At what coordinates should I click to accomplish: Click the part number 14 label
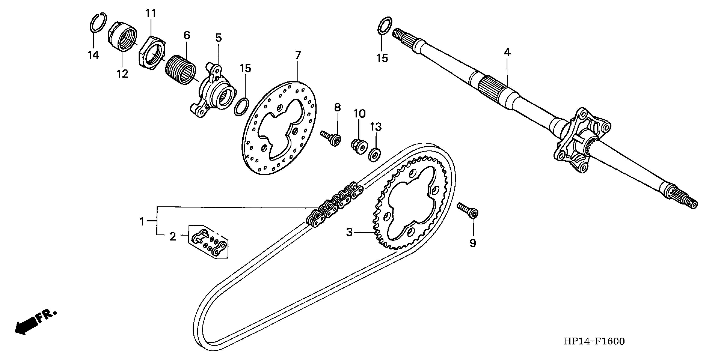coord(93,55)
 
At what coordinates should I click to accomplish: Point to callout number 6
coord(187,36)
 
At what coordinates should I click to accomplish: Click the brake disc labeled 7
coord(280,157)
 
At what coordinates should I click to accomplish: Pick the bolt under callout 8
coord(332,138)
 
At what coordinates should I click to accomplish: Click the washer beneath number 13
coord(374,155)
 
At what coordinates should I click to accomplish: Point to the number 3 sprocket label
coord(349,232)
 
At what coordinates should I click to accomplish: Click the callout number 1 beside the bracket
coord(142,222)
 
